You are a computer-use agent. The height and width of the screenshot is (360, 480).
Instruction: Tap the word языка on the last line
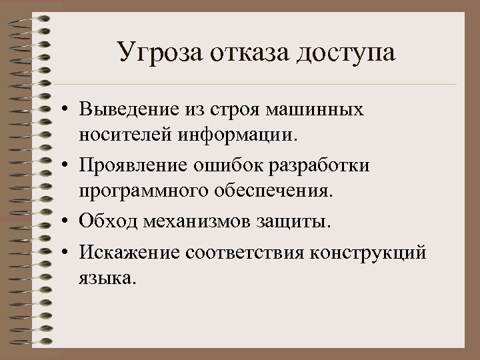pyautogui.click(x=106, y=277)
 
